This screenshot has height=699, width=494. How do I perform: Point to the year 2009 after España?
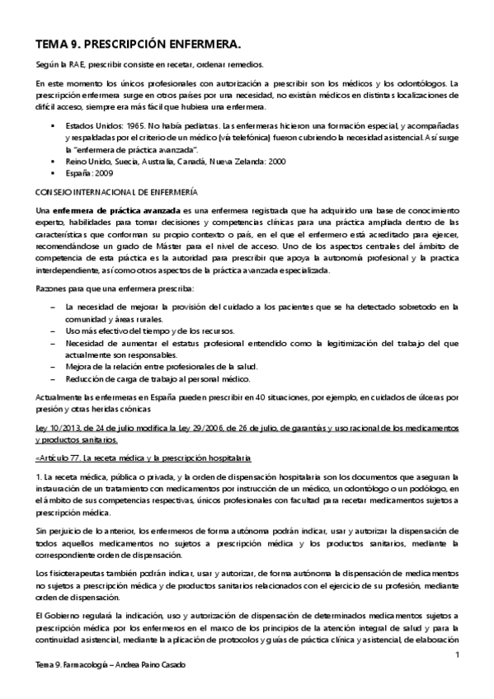coord(104,173)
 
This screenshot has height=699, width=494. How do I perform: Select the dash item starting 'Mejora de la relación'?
coord(161,366)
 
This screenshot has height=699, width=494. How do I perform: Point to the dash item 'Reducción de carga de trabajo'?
coord(162,378)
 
